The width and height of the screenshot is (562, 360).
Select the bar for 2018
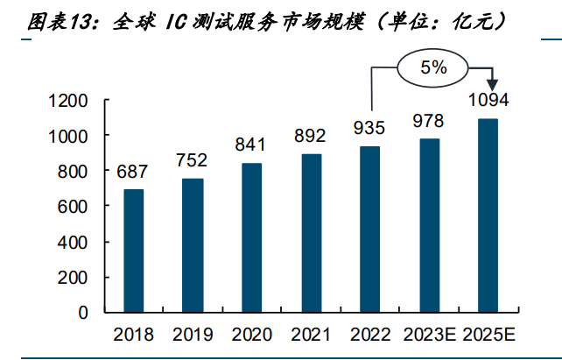click(133, 251)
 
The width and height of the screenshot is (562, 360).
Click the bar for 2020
click(251, 237)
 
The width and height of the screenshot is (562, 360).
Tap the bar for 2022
click(370, 229)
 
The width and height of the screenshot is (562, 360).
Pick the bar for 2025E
click(488, 215)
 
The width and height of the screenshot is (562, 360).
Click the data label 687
click(133, 173)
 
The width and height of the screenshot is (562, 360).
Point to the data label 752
click(192, 160)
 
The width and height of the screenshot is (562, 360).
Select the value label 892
click(310, 136)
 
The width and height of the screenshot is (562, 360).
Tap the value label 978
click(428, 121)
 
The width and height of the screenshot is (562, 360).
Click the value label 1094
click(488, 100)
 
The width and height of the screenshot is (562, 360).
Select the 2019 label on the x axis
click(192, 335)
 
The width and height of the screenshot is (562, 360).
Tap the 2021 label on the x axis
click(310, 335)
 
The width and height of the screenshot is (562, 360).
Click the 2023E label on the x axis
click(428, 335)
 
